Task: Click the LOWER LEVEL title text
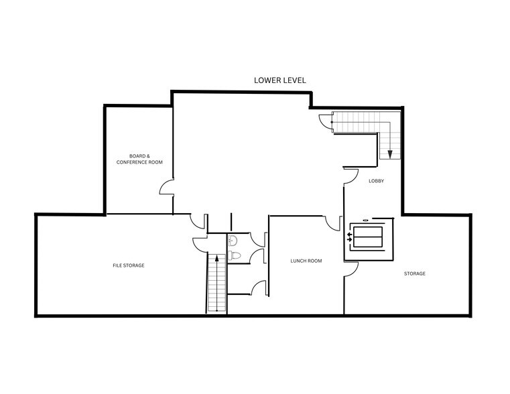click(279, 80)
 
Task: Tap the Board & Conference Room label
click(139, 159)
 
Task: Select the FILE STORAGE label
click(129, 265)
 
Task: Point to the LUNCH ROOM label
click(306, 261)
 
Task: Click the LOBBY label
click(377, 181)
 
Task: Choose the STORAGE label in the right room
click(415, 273)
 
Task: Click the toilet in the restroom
click(234, 255)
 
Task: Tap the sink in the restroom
click(233, 241)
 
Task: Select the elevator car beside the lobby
click(368, 237)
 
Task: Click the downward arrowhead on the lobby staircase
click(390, 154)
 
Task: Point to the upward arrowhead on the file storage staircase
click(216, 258)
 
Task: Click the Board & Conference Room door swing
click(166, 186)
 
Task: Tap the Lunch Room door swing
click(332, 224)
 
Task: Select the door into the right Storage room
click(351, 269)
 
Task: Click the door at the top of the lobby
click(351, 176)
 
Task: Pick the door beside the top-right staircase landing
click(325, 122)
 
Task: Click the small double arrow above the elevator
click(366, 220)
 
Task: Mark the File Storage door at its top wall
click(198, 221)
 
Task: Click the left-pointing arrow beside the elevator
click(349, 235)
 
